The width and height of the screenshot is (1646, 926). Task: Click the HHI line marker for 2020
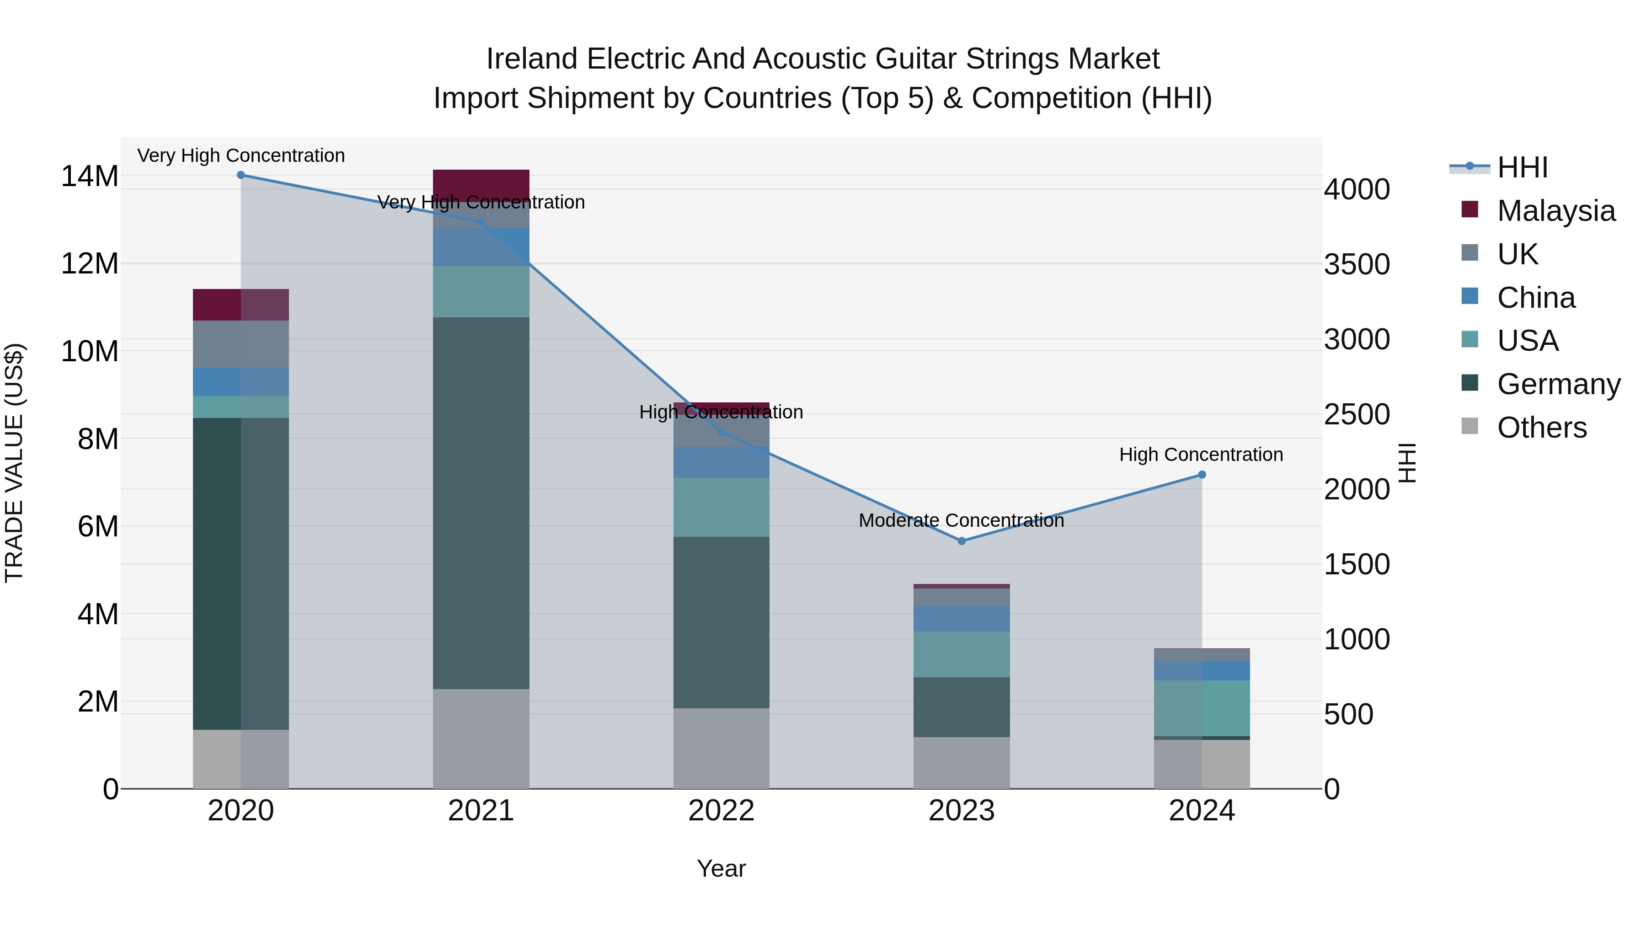click(x=241, y=175)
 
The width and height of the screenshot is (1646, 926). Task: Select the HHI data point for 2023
click(x=962, y=541)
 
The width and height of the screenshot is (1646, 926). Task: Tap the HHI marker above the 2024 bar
click(x=1202, y=475)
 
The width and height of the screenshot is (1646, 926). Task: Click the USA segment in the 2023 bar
click(x=962, y=654)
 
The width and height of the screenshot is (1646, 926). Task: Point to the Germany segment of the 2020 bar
click(x=217, y=573)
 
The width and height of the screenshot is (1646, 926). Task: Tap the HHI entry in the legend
click(x=1522, y=167)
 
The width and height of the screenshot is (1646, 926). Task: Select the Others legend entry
click(x=1541, y=428)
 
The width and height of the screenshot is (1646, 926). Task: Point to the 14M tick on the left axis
click(x=90, y=177)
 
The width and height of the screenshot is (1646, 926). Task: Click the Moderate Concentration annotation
click(x=961, y=520)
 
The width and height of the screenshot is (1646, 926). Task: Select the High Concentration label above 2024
click(x=1201, y=455)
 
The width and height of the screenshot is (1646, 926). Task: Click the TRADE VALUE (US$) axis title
click(x=14, y=463)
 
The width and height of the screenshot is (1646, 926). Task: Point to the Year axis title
click(x=721, y=868)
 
